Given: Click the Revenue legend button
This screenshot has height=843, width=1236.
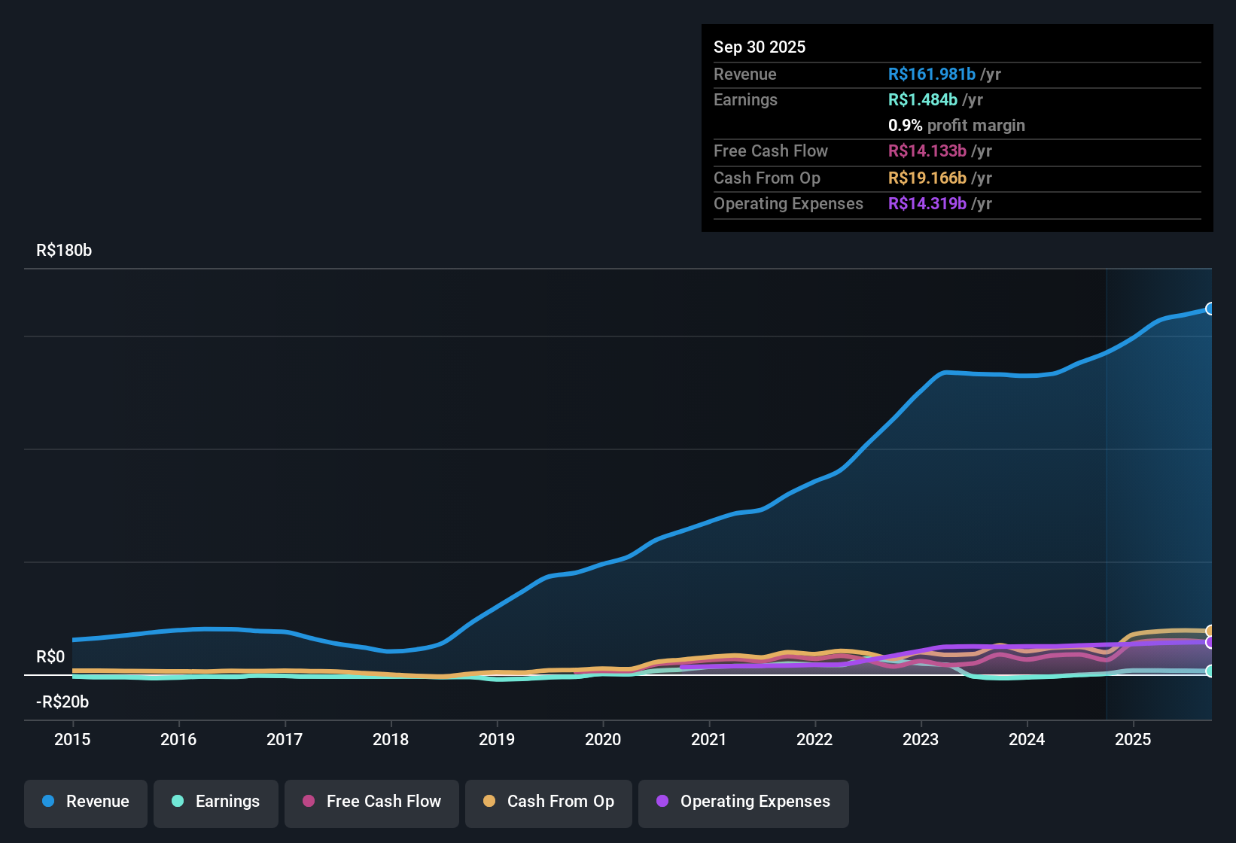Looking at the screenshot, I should [86, 802].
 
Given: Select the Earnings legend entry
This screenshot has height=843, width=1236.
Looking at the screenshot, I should [216, 802].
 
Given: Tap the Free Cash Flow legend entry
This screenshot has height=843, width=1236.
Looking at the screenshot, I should [372, 802].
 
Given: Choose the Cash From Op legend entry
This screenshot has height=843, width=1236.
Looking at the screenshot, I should [549, 802].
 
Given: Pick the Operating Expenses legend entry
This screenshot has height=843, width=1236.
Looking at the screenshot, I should [744, 802].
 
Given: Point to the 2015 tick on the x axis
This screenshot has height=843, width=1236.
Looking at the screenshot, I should [72, 739].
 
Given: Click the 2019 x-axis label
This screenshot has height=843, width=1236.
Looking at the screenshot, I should [497, 739].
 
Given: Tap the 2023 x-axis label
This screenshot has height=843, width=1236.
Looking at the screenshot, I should [921, 739].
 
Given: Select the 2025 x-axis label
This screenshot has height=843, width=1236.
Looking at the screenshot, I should [1133, 739].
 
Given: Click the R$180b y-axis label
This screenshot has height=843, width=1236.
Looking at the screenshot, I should [64, 251].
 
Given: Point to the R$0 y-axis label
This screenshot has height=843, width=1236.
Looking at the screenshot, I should [50, 657].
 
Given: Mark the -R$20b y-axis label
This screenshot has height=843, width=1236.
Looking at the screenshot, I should [62, 702].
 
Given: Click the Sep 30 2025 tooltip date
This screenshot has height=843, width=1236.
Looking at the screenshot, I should [760, 47].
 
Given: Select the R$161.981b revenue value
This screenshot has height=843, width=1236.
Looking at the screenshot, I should [931, 75].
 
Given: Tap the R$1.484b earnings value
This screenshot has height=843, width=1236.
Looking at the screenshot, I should [922, 100].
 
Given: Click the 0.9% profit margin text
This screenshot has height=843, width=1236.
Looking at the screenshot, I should [956, 126].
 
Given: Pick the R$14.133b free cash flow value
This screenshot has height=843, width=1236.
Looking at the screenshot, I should [927, 151].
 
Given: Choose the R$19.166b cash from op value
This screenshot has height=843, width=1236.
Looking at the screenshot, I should [927, 178].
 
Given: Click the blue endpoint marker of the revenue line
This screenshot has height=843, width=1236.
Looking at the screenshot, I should [1210, 309].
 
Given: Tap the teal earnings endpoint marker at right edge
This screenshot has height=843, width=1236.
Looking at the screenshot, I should [1210, 671].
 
